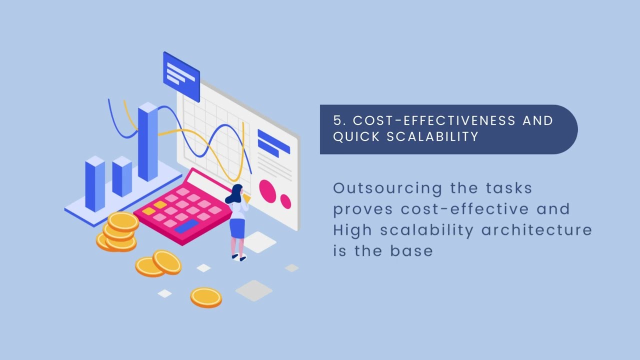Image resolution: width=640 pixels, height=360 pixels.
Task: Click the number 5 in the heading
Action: pyautogui.click(x=338, y=120)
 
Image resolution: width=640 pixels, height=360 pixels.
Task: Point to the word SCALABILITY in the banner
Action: pyautogui.click(x=433, y=136)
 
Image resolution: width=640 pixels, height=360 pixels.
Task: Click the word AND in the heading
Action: pyautogui.click(x=537, y=120)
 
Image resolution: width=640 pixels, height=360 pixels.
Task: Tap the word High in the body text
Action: pyautogui.click(x=353, y=230)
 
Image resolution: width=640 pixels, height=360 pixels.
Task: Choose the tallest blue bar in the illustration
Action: pyautogui.click(x=147, y=142)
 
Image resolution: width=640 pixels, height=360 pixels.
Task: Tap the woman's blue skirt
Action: pyautogui.click(x=237, y=228)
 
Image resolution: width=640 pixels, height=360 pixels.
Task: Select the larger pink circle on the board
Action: pyautogui.click(x=267, y=191)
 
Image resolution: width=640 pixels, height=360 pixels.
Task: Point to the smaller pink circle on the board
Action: pyautogui.click(x=285, y=201)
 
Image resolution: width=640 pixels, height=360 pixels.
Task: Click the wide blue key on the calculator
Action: pyautogui.click(x=186, y=226)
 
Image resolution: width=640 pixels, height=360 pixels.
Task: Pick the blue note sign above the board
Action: pyautogui.click(x=181, y=75)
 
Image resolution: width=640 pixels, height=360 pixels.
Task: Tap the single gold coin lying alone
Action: pyautogui.click(x=206, y=296)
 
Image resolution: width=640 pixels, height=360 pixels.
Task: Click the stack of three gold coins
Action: pyautogui.click(x=119, y=232)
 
